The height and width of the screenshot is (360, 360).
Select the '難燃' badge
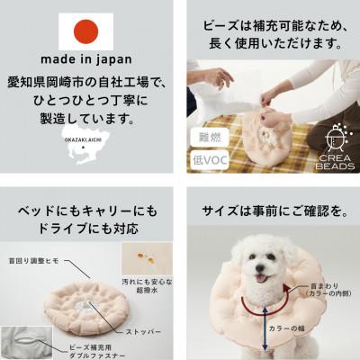coord(207,138)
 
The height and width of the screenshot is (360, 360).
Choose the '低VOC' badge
coord(207,159)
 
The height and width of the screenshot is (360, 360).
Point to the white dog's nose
coord(261,263)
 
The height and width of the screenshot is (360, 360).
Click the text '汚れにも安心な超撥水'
coord(146,287)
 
